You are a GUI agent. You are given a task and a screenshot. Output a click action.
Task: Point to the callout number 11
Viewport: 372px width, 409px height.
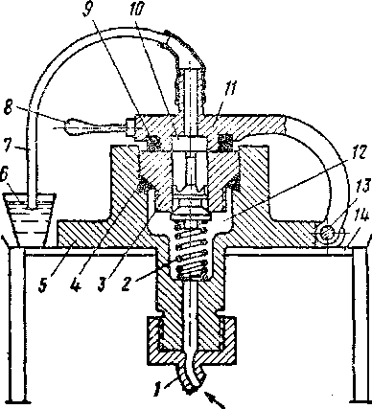pos(229,89)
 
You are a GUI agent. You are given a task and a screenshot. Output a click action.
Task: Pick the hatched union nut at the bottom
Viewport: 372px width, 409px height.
pos(192,340)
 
